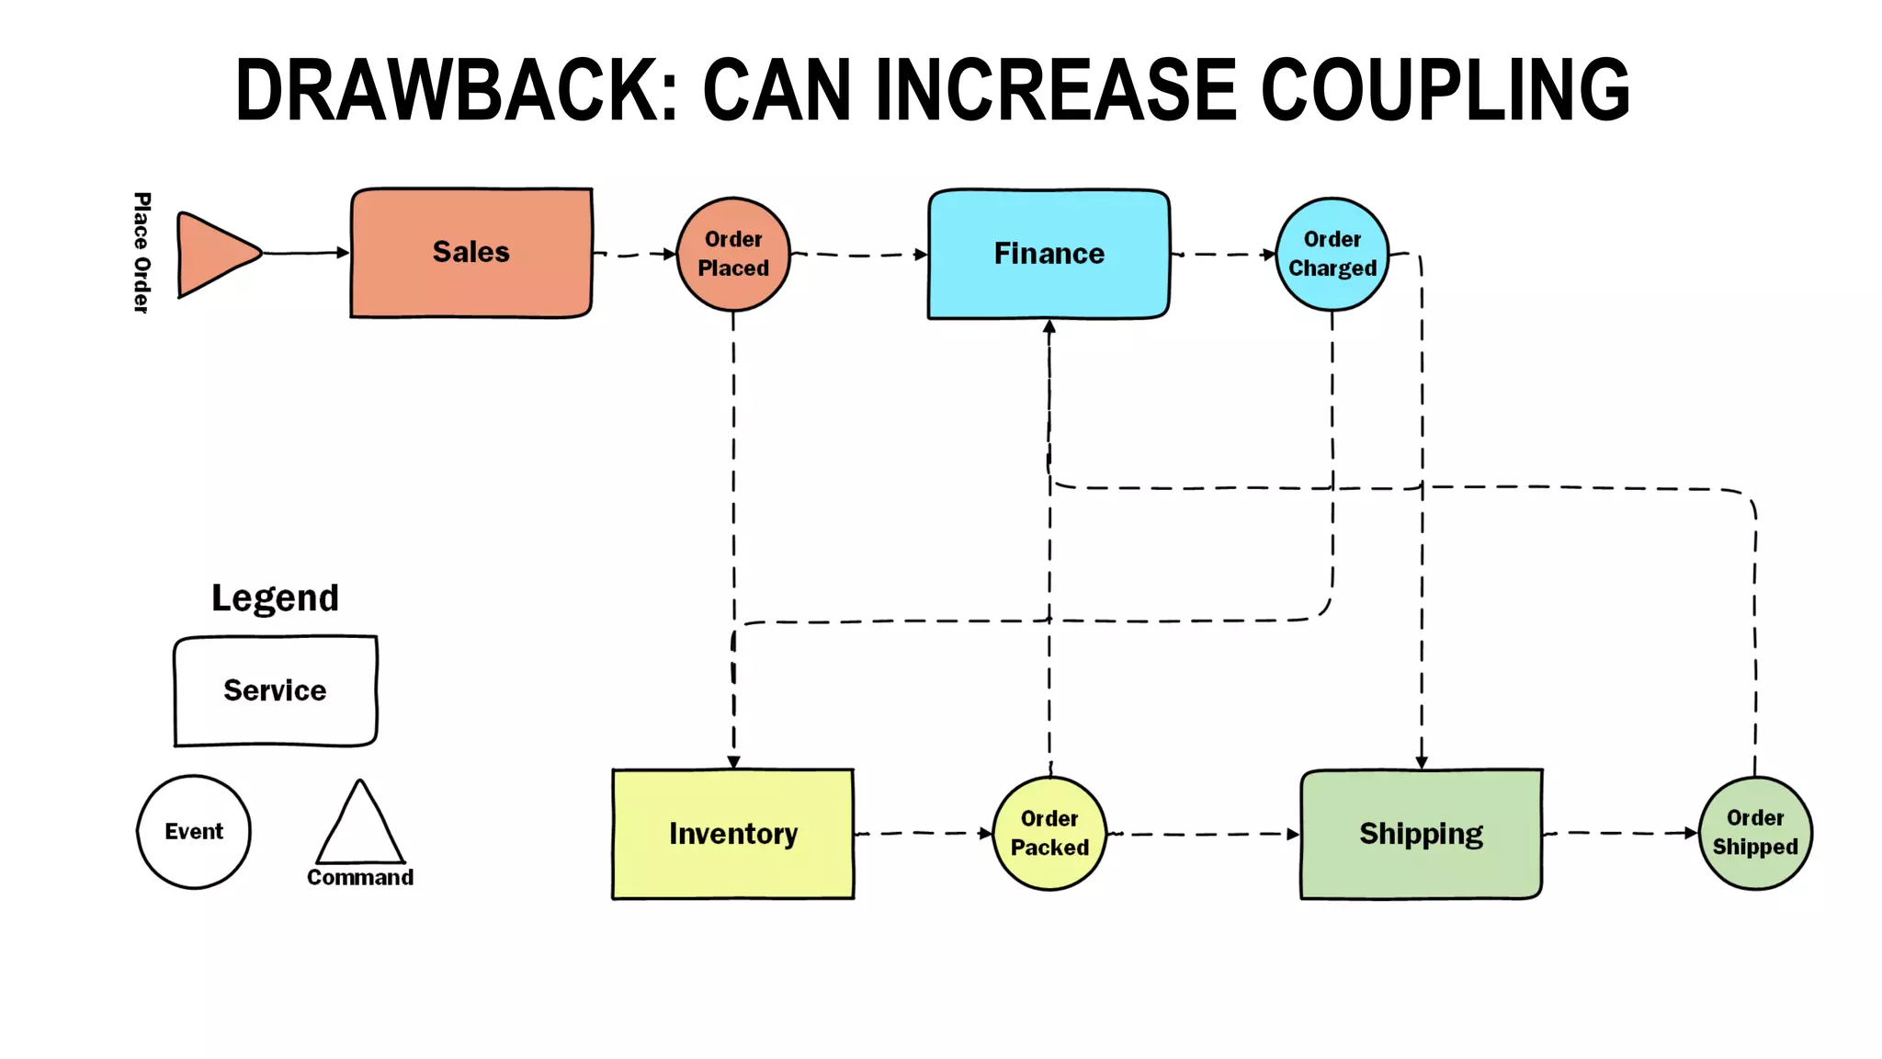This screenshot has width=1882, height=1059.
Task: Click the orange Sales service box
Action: tap(470, 253)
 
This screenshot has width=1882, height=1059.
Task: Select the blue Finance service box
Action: tap(1049, 254)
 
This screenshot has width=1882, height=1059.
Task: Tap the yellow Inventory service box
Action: tap(732, 834)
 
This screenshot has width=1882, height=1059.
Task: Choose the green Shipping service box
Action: tap(1421, 834)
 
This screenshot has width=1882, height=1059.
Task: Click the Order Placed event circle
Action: tap(733, 254)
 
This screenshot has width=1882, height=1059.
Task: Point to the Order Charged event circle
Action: tap(1332, 254)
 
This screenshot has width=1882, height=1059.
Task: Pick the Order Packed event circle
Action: tap(1049, 833)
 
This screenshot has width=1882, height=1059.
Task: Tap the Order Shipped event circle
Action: tap(1755, 833)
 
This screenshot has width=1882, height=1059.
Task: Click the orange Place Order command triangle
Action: tap(213, 254)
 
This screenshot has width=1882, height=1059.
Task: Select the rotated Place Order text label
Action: tap(142, 253)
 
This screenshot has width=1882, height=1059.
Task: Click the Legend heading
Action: tap(275, 598)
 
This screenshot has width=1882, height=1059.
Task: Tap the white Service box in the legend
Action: tap(275, 690)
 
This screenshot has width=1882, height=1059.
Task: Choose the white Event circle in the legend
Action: tap(194, 832)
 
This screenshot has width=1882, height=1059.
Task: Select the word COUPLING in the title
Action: tap(1445, 90)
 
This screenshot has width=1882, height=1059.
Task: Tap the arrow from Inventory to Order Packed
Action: tap(923, 834)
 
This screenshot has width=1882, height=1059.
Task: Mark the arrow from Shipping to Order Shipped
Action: tap(1619, 834)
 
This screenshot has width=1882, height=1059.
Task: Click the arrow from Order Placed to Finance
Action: tap(858, 255)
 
